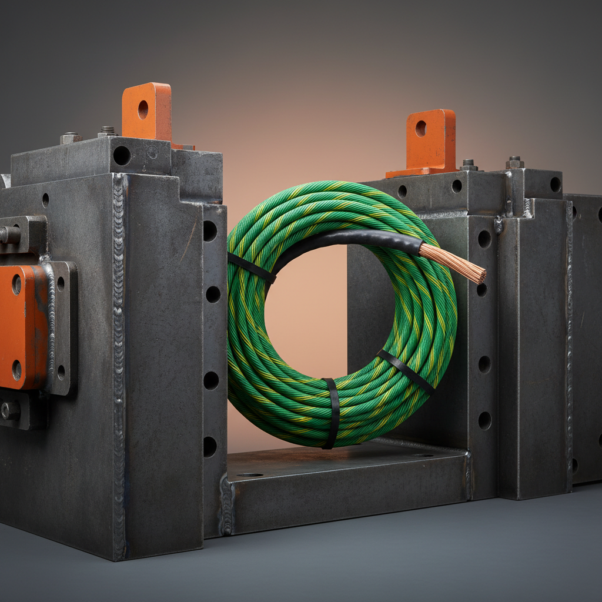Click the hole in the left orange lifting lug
(143, 109)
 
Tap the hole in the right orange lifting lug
(420, 128)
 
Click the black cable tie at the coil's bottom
(332, 413)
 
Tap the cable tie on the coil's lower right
(405, 370)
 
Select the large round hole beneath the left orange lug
(122, 155)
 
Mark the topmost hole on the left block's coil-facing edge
(210, 230)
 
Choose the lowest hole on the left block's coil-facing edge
(210, 447)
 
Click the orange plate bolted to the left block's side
(22, 326)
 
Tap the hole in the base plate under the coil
(250, 474)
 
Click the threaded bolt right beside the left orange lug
(108, 131)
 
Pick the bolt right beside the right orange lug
(469, 164)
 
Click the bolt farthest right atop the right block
(515, 162)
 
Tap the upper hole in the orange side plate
(16, 285)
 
